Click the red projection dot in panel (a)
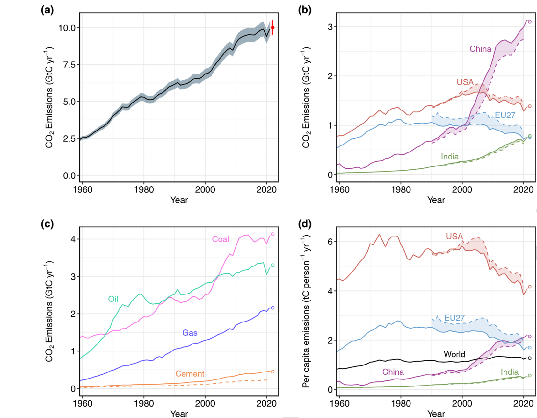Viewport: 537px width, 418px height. click(x=273, y=28)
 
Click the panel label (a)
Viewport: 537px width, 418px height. click(x=47, y=10)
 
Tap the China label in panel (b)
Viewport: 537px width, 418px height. click(x=480, y=49)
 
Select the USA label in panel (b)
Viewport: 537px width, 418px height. click(x=465, y=82)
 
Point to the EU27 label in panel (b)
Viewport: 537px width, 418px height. click(x=505, y=115)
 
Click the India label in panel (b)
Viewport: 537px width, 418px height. click(x=449, y=156)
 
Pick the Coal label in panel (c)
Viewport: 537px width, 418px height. click(x=221, y=239)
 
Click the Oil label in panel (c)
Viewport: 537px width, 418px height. click(x=113, y=299)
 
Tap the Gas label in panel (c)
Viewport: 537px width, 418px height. click(x=190, y=333)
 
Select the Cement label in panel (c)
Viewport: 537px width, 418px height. click(x=190, y=374)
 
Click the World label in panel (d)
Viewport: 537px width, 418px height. click(x=454, y=354)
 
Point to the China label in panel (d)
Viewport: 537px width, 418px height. click(x=393, y=372)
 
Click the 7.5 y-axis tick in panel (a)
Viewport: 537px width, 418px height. click(x=69, y=65)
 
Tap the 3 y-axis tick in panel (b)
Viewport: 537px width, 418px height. click(x=330, y=27)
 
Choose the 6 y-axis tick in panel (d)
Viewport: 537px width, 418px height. click(x=330, y=242)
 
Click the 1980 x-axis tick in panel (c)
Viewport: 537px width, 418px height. click(x=144, y=404)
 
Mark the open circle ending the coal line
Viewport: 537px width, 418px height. click(x=273, y=234)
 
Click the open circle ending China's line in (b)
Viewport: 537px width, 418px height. click(x=530, y=22)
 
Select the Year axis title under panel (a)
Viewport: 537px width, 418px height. click(x=179, y=200)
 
